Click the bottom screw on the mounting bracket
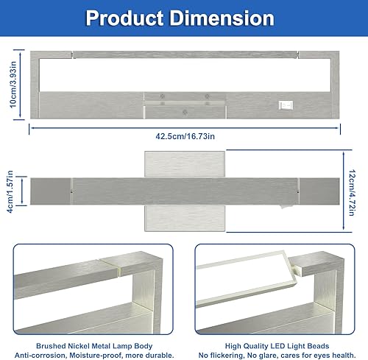(183, 112)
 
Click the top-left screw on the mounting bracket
(163, 96)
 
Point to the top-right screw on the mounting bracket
(207, 96)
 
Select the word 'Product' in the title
(126, 18)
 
